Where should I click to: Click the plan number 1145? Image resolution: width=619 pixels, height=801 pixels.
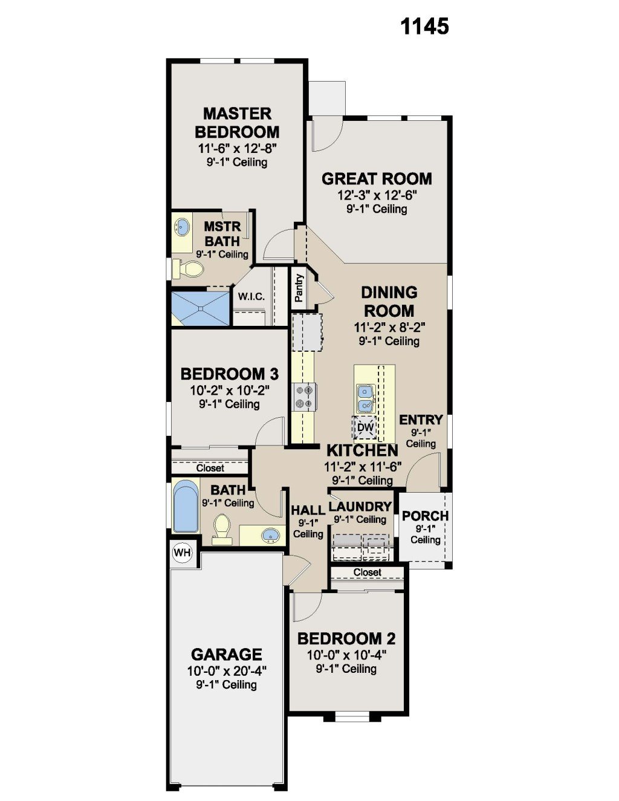424,27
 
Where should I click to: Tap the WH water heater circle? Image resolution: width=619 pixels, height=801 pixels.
183,553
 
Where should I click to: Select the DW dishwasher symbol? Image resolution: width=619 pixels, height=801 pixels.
365,427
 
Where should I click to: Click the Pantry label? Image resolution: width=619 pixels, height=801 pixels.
299,288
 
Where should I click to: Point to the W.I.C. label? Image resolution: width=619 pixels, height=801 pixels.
251,296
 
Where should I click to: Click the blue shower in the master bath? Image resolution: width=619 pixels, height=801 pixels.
201,308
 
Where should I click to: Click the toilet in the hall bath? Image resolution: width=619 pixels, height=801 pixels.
222,529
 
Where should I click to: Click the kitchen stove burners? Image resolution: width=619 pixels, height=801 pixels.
305,397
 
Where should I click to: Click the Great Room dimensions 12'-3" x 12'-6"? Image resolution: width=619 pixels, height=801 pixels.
377,195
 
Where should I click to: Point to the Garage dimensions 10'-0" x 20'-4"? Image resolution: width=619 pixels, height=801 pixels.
227,670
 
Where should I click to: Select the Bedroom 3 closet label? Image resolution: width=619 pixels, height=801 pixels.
210,468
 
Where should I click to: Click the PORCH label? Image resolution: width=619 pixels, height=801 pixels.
425,516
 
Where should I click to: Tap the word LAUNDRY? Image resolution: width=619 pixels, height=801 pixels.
360,507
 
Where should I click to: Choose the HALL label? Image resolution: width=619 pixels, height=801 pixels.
308,510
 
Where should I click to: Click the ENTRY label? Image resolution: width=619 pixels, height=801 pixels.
421,420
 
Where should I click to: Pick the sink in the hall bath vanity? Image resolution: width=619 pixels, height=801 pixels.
271,534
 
